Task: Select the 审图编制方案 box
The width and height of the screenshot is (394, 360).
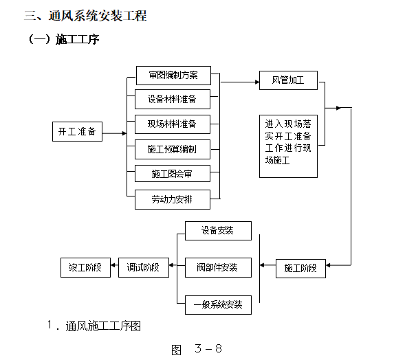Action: tap(172, 76)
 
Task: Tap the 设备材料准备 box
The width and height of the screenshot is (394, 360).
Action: tap(172, 100)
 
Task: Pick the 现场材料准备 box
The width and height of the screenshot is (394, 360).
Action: tap(172, 124)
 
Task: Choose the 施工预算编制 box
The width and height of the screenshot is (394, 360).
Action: tap(172, 148)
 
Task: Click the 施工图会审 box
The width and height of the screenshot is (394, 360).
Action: tap(172, 174)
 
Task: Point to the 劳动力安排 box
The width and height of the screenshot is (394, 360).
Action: tap(172, 199)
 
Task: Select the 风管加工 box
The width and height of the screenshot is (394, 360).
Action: tap(288, 80)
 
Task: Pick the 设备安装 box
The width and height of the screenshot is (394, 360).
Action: tap(218, 231)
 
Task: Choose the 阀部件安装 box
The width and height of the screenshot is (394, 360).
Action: tap(218, 267)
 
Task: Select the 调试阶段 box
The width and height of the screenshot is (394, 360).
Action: tap(143, 268)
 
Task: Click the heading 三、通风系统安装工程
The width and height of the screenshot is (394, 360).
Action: tap(85, 16)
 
